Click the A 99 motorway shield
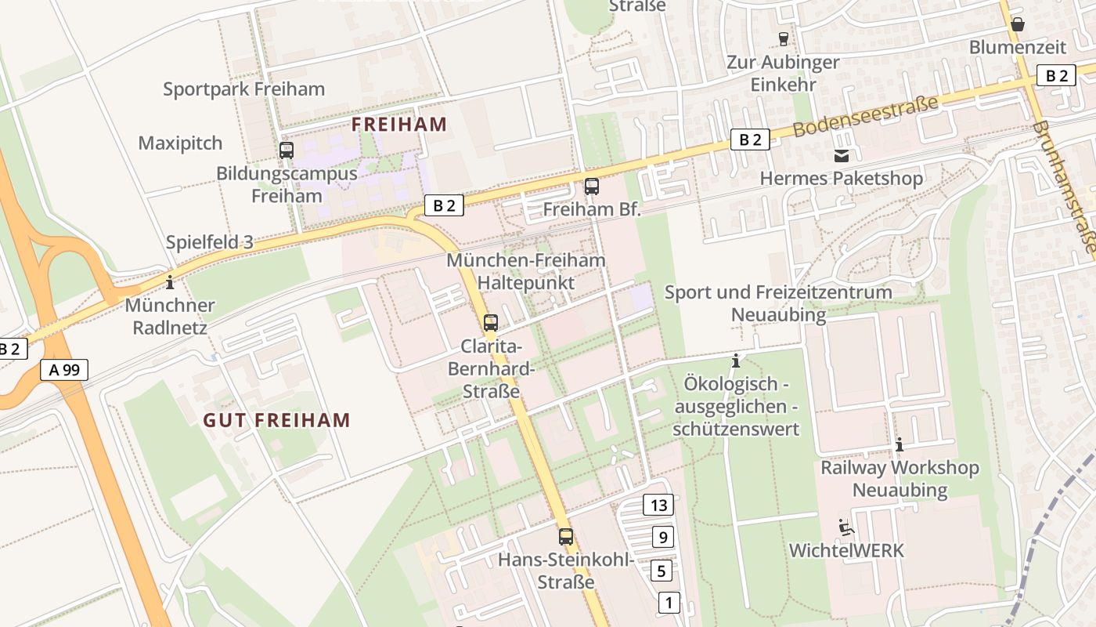click(x=64, y=370)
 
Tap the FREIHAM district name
click(x=399, y=124)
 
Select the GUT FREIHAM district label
click(x=276, y=420)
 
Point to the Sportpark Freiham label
click(x=243, y=89)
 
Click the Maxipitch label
click(x=180, y=143)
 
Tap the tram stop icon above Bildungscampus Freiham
click(x=287, y=150)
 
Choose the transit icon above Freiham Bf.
click(x=592, y=187)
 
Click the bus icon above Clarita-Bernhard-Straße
click(x=491, y=322)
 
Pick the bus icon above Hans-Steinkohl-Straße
click(x=566, y=537)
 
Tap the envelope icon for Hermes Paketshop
click(x=842, y=156)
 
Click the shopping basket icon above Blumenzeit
click(x=1018, y=24)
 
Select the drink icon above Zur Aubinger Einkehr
click(x=783, y=38)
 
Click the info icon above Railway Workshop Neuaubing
click(x=900, y=444)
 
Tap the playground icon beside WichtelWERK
click(x=845, y=527)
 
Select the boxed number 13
click(x=658, y=505)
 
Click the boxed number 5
click(x=662, y=571)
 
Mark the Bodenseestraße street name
click(x=865, y=116)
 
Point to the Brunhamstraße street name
click(x=1065, y=188)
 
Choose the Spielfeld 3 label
click(x=209, y=242)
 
